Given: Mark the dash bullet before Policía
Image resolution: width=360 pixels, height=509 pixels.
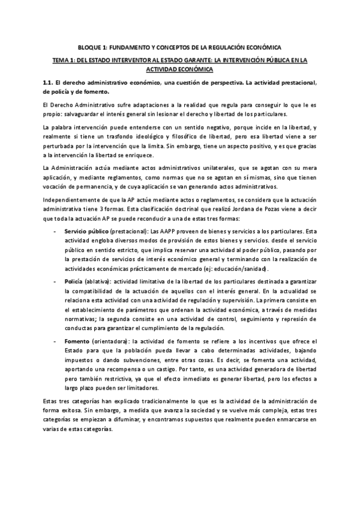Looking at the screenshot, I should coord(56,282).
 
